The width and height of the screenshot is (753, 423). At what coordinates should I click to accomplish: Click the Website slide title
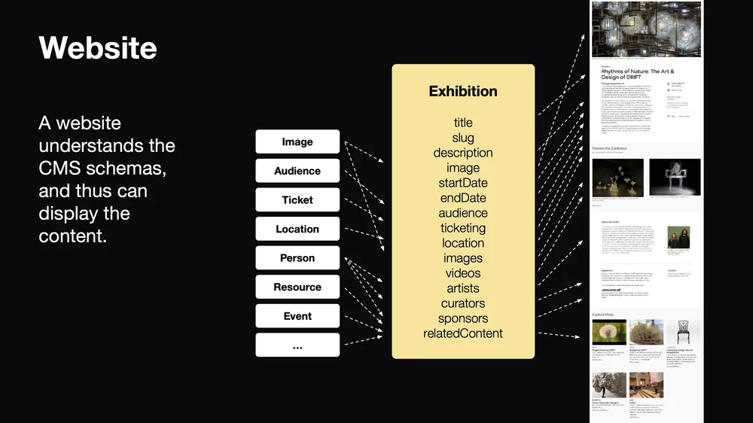(98, 48)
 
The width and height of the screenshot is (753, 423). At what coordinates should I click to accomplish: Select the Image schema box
(297, 142)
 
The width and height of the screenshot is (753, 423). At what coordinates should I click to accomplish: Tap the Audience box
(297, 171)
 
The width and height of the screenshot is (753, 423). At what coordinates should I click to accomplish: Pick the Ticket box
(297, 200)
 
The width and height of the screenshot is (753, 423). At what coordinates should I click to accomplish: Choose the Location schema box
(297, 229)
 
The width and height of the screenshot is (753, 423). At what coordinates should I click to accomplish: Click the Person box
(297, 258)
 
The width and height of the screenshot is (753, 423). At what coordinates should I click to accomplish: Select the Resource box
(297, 287)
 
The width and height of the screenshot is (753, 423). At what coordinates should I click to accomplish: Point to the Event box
(297, 316)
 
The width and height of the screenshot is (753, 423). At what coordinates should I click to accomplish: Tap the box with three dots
(297, 345)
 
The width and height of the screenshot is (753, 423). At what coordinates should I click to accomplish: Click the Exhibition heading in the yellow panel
(463, 91)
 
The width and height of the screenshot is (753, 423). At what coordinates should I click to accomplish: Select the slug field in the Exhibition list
(463, 138)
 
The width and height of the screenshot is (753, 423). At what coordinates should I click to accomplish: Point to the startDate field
(463, 183)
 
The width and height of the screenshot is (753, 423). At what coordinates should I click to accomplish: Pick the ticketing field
(463, 228)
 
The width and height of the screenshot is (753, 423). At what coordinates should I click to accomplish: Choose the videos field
(463, 273)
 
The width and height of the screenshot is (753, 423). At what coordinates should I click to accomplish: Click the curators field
(463, 303)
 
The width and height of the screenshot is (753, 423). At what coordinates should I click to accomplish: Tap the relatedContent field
(463, 333)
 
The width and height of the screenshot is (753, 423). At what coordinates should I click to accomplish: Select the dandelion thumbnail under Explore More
(609, 332)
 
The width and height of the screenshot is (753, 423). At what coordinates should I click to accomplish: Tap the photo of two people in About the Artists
(677, 238)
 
